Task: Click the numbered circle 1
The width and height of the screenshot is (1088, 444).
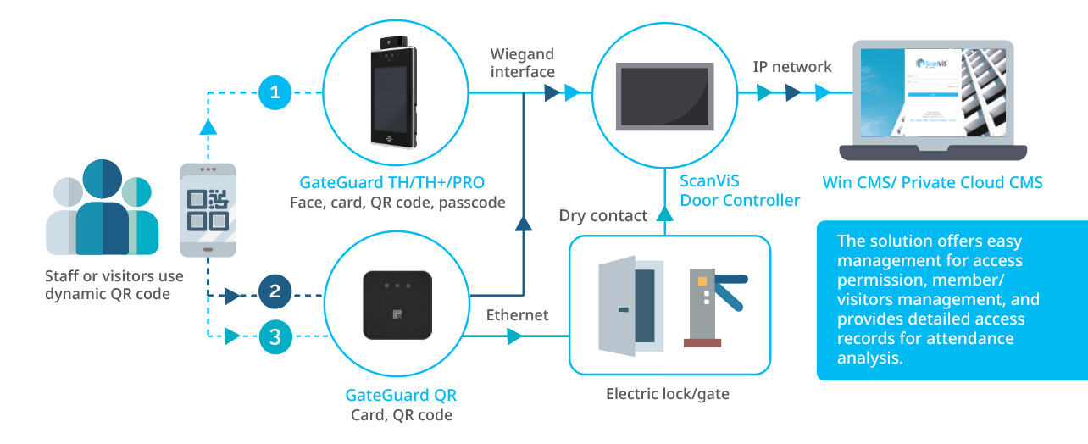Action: (x=275, y=92)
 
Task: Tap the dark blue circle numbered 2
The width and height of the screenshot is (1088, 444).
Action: (x=275, y=291)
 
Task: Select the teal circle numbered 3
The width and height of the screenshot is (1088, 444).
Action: (x=275, y=336)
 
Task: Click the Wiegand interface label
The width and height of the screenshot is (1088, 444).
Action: (x=523, y=64)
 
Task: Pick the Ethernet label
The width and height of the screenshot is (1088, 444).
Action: (x=517, y=315)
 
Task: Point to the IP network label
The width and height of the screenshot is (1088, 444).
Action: (x=792, y=66)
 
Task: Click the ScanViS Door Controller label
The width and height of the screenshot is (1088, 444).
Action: (x=740, y=191)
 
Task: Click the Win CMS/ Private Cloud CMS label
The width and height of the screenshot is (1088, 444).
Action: (x=932, y=182)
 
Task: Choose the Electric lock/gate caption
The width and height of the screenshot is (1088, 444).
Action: (x=668, y=394)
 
